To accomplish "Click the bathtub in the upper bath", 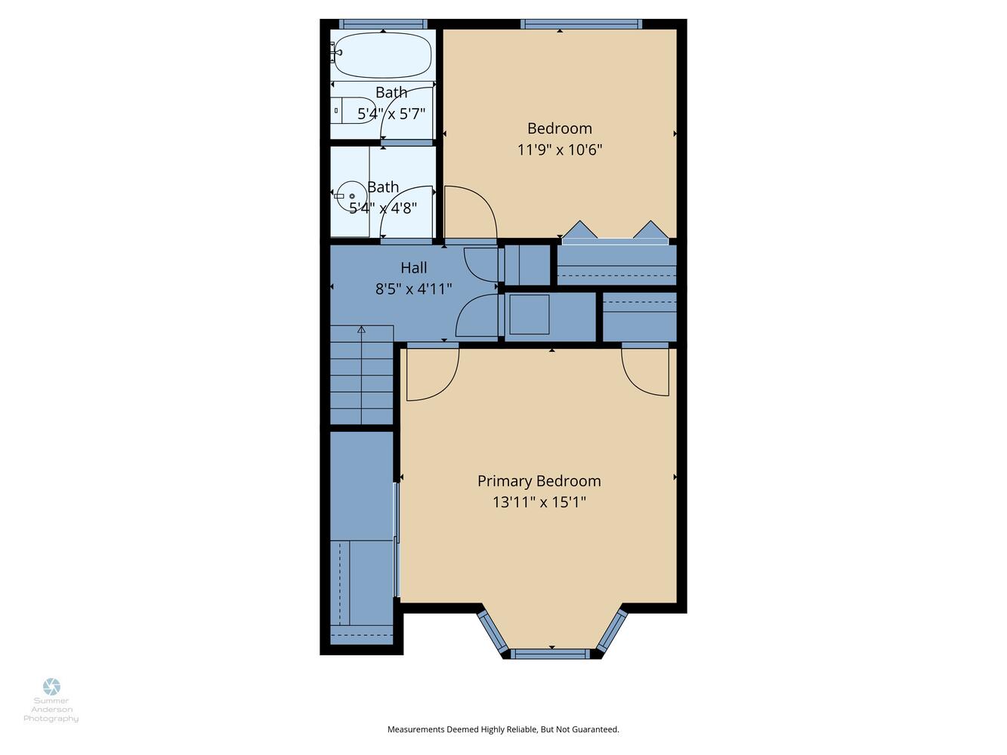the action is pyautogui.click(x=382, y=55).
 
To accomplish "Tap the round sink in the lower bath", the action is pyautogui.click(x=351, y=196).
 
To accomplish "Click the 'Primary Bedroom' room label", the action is pyautogui.click(x=539, y=481).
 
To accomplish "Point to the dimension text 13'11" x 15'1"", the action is pyautogui.click(x=539, y=502).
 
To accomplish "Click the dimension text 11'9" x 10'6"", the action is pyautogui.click(x=560, y=149).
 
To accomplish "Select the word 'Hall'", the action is pyautogui.click(x=414, y=268).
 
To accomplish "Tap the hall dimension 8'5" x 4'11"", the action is pyautogui.click(x=414, y=289).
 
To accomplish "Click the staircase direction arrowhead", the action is pyautogui.click(x=362, y=329).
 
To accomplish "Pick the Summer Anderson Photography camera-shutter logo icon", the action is pyautogui.click(x=51, y=687).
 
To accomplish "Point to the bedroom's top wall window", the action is pyautogui.click(x=581, y=24).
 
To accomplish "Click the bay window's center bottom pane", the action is pyautogui.click(x=550, y=654).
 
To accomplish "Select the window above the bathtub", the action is pyautogui.click(x=383, y=24).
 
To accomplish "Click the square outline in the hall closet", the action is pyautogui.click(x=530, y=315).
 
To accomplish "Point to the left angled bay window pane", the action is pyautogui.click(x=493, y=631).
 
